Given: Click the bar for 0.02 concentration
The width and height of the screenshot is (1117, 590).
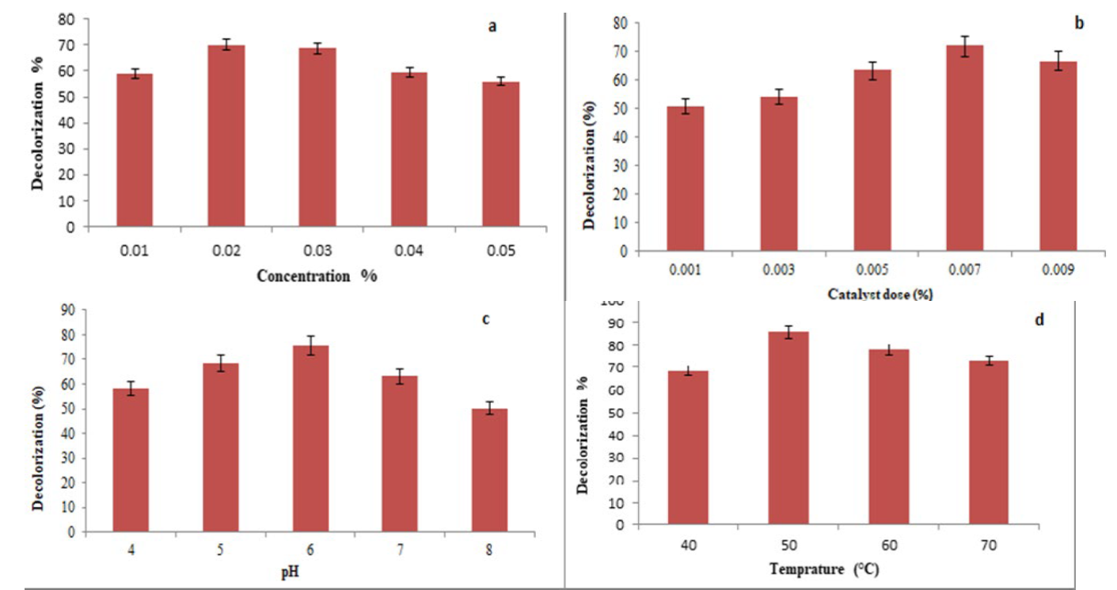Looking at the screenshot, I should coord(226,136).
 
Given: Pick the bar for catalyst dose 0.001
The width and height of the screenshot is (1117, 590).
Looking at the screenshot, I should coord(685,178).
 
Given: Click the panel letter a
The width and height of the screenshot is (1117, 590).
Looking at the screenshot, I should coord(492,27).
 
